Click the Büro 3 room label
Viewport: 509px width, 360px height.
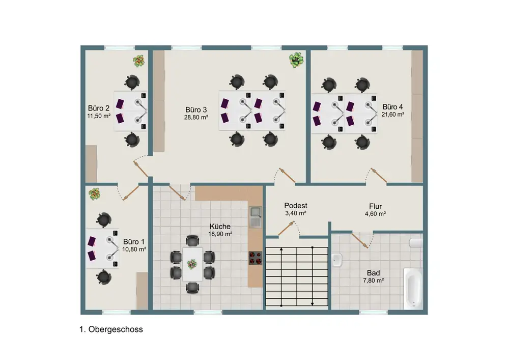[196, 109]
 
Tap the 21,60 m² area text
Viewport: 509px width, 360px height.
[393, 115]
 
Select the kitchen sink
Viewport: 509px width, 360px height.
[255, 217]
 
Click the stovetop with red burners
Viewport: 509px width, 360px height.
[255, 258]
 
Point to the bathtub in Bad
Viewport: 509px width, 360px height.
[413, 288]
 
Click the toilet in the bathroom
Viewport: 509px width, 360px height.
[416, 243]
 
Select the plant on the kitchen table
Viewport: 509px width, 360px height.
[192, 264]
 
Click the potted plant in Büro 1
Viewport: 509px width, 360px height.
[94, 194]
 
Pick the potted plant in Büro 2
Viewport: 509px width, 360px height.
[138, 61]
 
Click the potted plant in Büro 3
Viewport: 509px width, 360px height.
[296, 61]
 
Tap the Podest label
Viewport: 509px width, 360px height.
[296, 206]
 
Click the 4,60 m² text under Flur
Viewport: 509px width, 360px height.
[375, 214]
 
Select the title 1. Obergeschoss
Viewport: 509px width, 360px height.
[111, 329]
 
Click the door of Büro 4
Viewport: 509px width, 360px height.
[379, 175]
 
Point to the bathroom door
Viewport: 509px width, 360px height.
[360, 240]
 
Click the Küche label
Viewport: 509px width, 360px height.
[220, 226]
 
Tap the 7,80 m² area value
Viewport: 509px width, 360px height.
[374, 281]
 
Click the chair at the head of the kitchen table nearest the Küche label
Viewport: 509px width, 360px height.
[192, 241]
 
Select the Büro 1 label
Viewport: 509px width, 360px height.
[134, 241]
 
